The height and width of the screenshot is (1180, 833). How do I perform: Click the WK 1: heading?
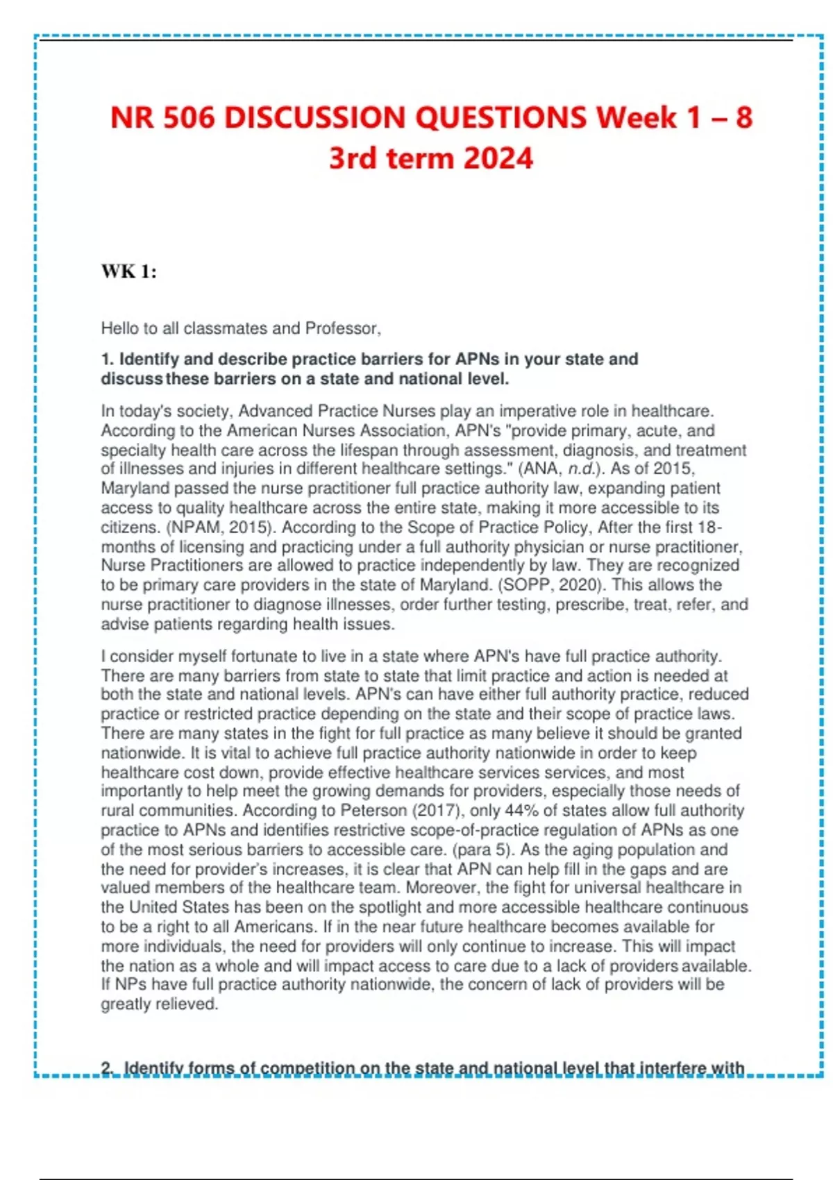(x=129, y=271)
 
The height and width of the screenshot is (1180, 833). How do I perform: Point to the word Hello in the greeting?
(x=121, y=328)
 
